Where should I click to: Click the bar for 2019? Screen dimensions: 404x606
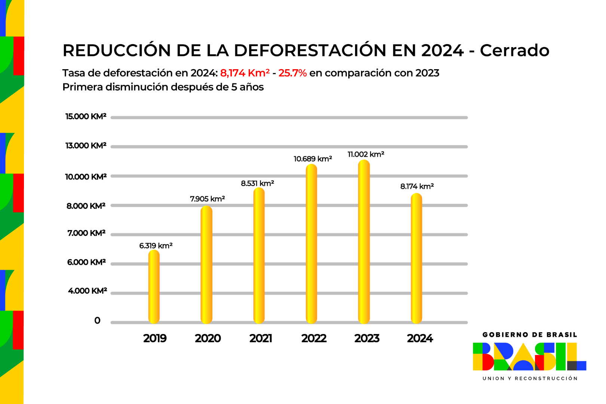pyautogui.click(x=154, y=287)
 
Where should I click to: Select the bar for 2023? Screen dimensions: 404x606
pyautogui.click(x=364, y=242)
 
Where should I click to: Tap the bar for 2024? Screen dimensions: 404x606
pyautogui.click(x=416, y=258)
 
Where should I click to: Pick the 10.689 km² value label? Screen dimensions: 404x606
pyautogui.click(x=313, y=159)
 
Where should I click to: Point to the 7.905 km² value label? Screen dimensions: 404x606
pyautogui.click(x=207, y=199)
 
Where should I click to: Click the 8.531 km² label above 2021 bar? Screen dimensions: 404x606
pyautogui.click(x=257, y=184)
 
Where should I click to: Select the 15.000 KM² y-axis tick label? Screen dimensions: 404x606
pyautogui.click(x=86, y=117)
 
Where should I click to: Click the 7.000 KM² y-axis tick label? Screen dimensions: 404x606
pyautogui.click(x=86, y=233)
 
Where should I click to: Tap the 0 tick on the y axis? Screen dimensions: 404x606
pyautogui.click(x=97, y=321)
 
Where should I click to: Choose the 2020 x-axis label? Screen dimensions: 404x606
pyautogui.click(x=208, y=339)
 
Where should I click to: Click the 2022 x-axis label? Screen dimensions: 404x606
pyautogui.click(x=314, y=339)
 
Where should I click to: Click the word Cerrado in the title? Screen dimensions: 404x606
pyautogui.click(x=514, y=50)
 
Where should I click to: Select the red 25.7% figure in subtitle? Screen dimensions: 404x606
pyautogui.click(x=293, y=73)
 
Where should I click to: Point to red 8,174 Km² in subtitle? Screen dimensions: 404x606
pyautogui.click(x=245, y=73)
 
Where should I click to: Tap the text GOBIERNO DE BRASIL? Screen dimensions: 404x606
pyautogui.click(x=530, y=335)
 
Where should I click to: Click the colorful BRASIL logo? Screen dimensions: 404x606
pyautogui.click(x=529, y=356)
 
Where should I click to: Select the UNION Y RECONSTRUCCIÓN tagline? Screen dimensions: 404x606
pyautogui.click(x=530, y=379)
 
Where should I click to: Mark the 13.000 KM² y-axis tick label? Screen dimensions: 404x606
pyautogui.click(x=86, y=146)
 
